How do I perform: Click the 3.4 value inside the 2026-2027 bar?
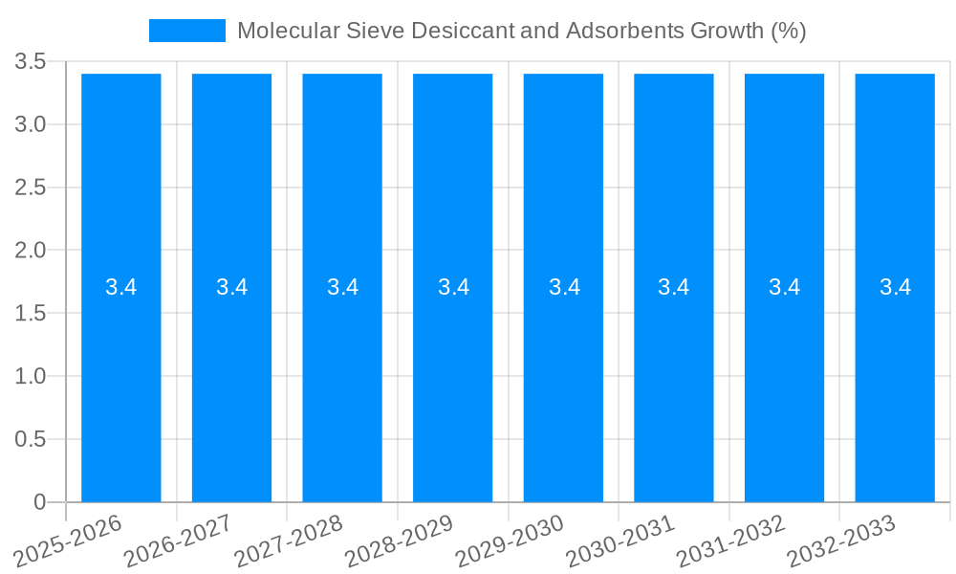click(231, 287)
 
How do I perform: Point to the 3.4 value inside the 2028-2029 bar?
click(453, 287)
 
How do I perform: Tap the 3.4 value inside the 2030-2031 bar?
click(674, 287)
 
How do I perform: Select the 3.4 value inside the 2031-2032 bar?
click(785, 287)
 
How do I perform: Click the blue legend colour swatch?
click(187, 31)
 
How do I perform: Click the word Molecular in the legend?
click(282, 31)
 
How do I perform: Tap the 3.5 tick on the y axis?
click(31, 62)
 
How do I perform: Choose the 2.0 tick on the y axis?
click(31, 251)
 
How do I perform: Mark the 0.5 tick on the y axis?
click(31, 439)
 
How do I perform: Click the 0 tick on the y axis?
click(39, 502)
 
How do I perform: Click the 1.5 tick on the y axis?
click(31, 314)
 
